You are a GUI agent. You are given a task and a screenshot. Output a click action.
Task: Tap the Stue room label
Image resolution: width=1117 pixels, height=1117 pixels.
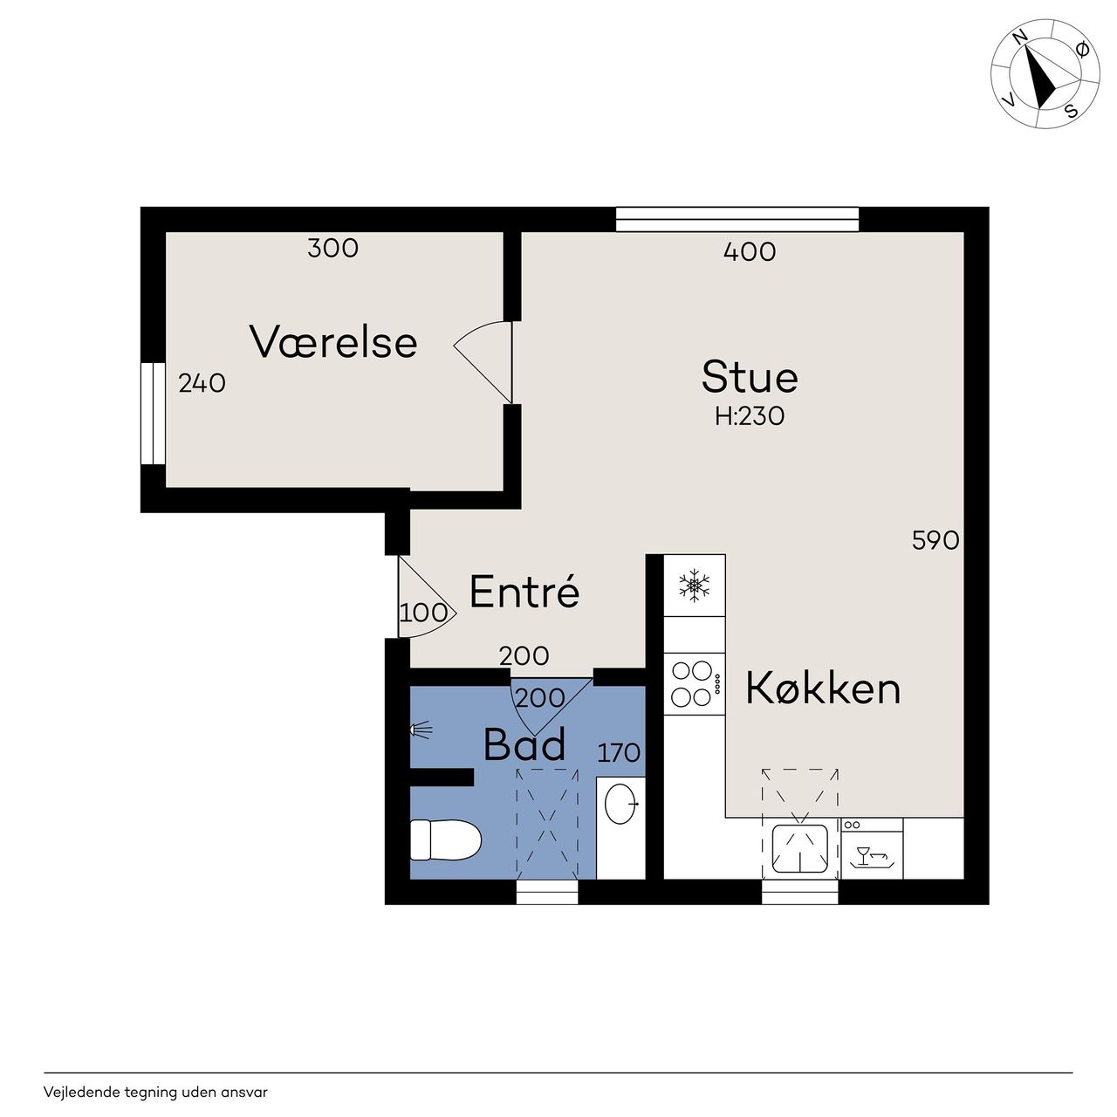750,377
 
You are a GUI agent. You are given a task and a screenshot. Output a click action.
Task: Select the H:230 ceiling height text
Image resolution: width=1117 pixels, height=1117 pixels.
750,416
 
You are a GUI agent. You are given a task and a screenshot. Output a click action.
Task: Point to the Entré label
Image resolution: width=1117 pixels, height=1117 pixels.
524,592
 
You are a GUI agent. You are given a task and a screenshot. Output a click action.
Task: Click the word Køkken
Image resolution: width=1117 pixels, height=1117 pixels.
823,688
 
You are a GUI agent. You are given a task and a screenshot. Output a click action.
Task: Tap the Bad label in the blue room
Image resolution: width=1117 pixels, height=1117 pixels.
524,745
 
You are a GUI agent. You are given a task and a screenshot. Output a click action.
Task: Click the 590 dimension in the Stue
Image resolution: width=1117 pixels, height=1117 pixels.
935,540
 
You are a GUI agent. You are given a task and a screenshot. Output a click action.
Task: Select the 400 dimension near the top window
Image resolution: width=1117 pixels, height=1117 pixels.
750,251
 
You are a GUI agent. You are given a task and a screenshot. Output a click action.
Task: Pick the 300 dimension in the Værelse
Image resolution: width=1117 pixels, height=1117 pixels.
332,248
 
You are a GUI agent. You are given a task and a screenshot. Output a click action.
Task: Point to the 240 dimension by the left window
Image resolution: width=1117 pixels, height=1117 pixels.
202,383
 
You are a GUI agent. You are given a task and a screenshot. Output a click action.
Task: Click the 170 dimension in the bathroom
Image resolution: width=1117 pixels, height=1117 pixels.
619,753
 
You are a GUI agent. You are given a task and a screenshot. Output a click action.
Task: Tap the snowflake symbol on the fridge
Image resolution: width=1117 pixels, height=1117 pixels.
694,585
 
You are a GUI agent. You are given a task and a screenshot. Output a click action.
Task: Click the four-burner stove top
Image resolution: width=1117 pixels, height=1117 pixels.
695,684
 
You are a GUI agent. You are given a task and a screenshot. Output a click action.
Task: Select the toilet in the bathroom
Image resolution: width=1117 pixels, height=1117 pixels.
445,839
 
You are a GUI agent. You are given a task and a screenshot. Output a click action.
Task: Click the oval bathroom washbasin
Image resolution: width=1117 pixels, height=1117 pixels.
620,804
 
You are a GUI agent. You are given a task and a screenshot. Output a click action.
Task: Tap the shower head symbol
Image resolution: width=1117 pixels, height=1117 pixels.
421,730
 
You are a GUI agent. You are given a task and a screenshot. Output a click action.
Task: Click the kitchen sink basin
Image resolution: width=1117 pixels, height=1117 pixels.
800,849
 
